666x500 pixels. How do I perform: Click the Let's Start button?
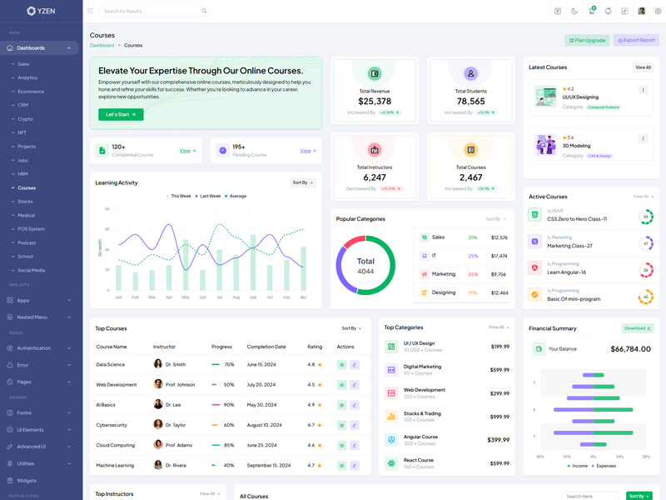[121, 114]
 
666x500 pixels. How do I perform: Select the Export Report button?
[636, 40]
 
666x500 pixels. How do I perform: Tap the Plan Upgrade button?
[587, 40]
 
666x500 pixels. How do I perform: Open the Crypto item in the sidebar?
[26, 119]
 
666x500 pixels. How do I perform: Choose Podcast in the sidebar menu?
[27, 242]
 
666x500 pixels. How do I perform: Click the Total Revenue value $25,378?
[375, 102]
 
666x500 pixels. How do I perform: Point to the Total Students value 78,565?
[470, 102]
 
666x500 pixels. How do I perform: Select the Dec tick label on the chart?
[303, 297]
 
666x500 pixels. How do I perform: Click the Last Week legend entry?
[210, 196]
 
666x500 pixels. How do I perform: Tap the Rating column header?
[315, 347]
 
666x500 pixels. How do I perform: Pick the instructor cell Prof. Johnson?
[180, 384]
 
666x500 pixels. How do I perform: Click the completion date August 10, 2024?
[266, 425]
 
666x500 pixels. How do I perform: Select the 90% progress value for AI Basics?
[229, 405]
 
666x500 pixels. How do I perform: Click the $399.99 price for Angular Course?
[498, 440]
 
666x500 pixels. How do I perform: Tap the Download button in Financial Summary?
[637, 328]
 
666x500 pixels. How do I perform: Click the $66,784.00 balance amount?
[630, 349]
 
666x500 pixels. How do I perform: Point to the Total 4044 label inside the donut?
[365, 266]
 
